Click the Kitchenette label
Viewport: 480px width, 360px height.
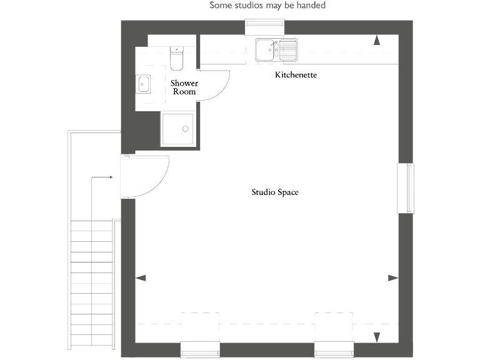[x=296, y=75]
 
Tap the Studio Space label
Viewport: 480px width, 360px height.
[x=275, y=192]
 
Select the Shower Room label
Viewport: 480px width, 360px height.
[x=184, y=87]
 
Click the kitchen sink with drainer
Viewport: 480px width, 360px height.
[x=276, y=49]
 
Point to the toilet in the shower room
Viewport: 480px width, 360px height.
[x=176, y=57]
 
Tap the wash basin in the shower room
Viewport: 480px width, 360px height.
[x=143, y=83]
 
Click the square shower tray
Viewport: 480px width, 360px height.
[x=178, y=129]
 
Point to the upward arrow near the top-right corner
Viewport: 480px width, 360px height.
[x=377, y=41]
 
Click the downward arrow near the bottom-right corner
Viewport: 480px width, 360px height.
[x=377, y=337]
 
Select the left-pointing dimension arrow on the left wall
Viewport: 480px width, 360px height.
[x=141, y=277]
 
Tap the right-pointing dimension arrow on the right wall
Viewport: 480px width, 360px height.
[x=393, y=277]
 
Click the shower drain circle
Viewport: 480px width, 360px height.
[x=185, y=129]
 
